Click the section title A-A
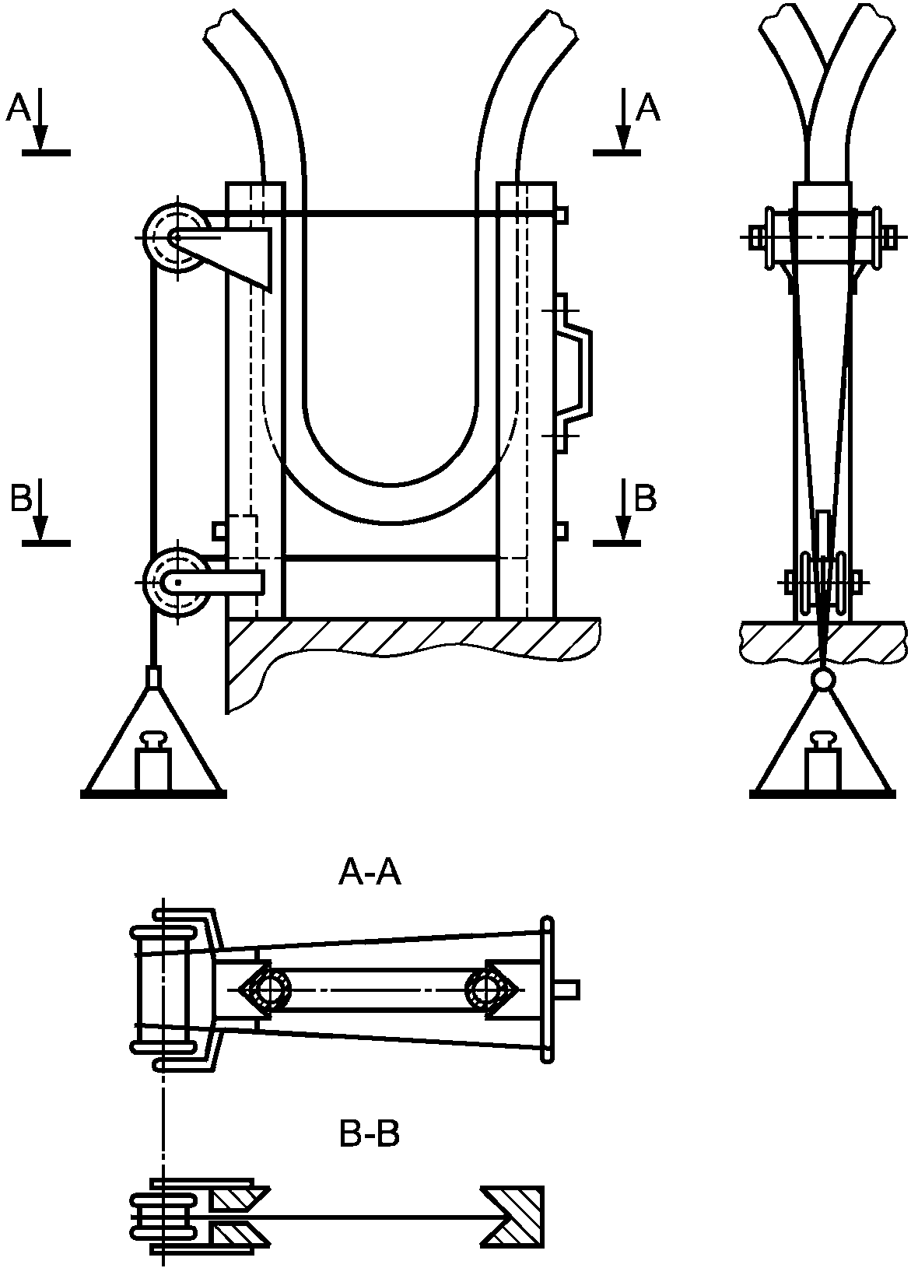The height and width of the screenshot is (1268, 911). [370, 873]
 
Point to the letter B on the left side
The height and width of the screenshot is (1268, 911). [21, 498]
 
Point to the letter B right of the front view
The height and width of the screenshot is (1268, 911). [646, 498]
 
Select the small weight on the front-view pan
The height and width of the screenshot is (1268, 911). [152, 761]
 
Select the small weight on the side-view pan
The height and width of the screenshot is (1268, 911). [822, 761]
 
